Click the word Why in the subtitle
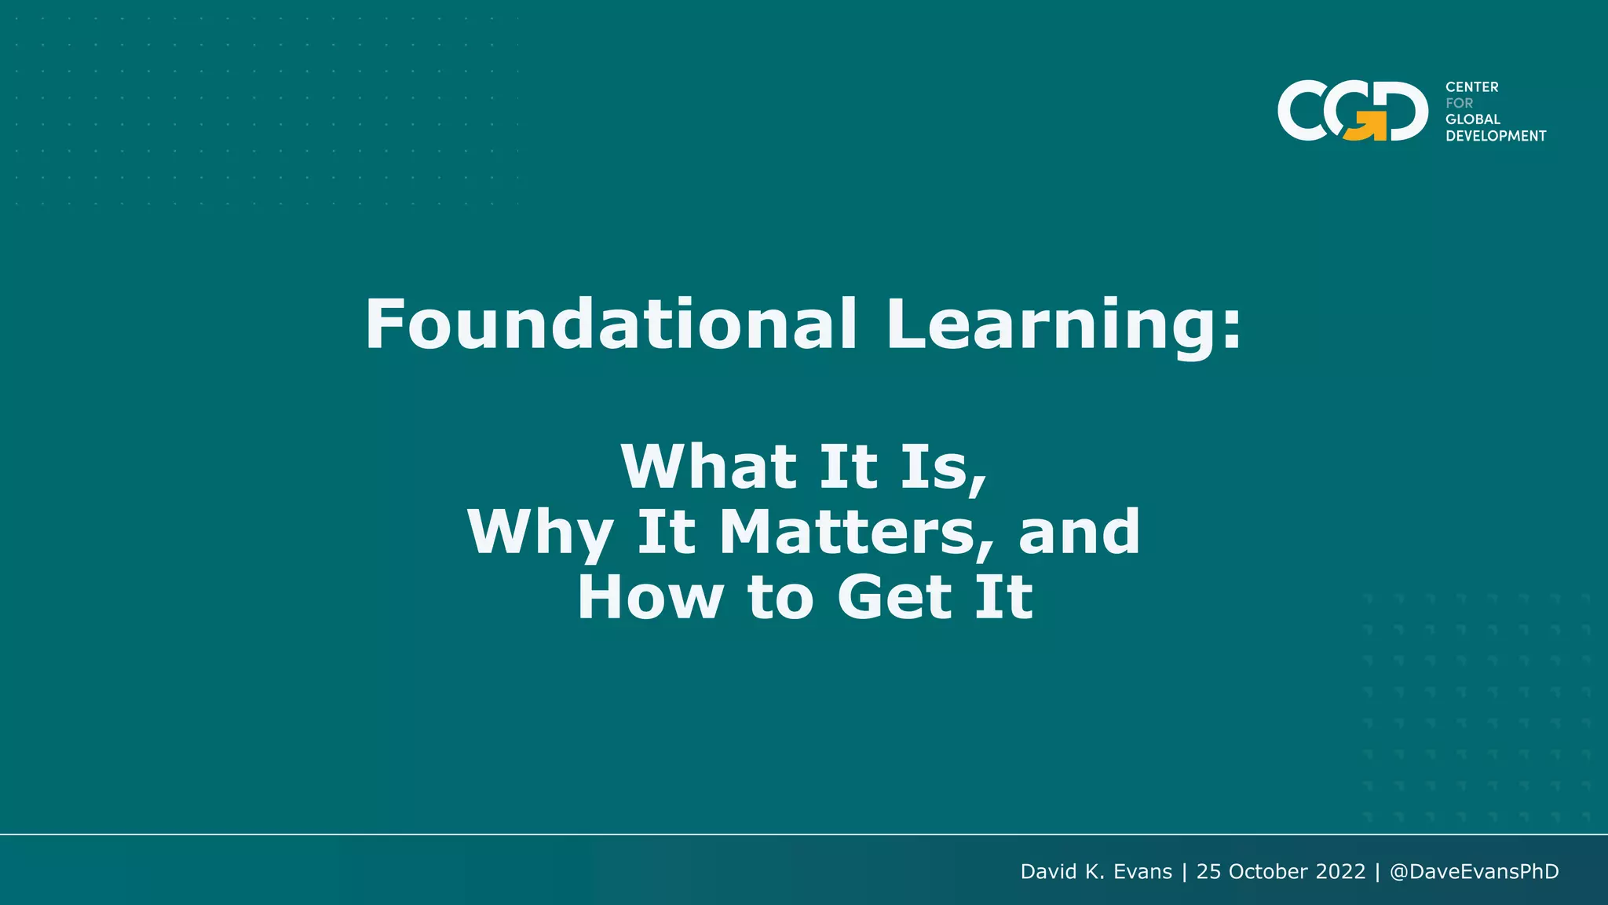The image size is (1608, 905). click(x=539, y=533)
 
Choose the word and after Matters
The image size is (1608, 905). click(x=1079, y=532)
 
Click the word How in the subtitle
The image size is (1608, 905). click(x=649, y=598)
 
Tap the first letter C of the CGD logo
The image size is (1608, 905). click(x=1303, y=112)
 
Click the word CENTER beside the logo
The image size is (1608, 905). click(x=1471, y=87)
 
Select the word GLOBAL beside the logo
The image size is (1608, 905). click(x=1472, y=119)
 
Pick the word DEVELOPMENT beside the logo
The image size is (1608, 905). click(x=1495, y=136)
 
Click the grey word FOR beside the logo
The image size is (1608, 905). click(x=1459, y=103)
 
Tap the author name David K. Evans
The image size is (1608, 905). click(x=1095, y=872)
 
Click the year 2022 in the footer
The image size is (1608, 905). click(x=1340, y=872)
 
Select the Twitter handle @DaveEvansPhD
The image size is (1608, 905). click(x=1474, y=872)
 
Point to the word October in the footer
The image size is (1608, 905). click(x=1268, y=872)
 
